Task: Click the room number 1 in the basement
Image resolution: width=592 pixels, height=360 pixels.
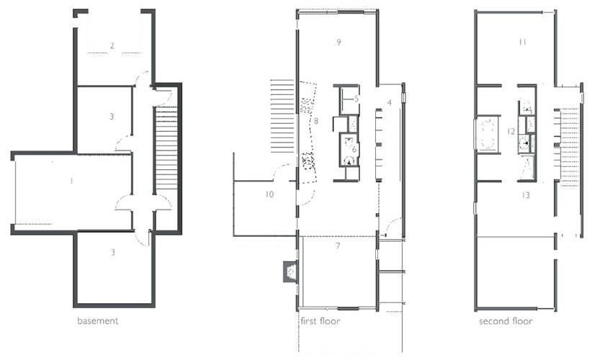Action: (72, 181)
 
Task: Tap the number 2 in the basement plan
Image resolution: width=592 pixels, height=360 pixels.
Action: (112, 45)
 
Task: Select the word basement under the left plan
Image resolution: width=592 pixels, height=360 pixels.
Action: (98, 320)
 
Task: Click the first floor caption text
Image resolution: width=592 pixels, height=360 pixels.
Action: (320, 321)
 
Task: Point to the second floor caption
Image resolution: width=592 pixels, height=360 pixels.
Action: (506, 321)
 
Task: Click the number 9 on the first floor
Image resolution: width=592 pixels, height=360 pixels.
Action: (338, 42)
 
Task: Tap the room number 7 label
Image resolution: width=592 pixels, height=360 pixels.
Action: (338, 246)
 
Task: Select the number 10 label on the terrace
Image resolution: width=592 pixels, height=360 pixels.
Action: (269, 194)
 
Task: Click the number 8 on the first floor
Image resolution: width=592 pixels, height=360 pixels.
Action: (316, 121)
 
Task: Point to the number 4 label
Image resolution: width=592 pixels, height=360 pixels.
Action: (390, 103)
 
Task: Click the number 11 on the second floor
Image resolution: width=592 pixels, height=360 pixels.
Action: (523, 42)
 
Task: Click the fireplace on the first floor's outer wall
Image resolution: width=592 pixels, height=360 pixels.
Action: (290, 271)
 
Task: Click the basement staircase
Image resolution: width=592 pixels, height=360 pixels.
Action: (166, 148)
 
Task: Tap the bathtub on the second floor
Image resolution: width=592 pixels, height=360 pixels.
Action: (488, 134)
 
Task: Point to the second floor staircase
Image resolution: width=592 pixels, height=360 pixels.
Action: (568, 147)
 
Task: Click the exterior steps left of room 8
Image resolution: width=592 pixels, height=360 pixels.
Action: (282, 116)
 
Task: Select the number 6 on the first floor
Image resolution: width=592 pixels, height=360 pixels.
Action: (354, 150)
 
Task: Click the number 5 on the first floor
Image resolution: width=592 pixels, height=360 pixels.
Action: (356, 99)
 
